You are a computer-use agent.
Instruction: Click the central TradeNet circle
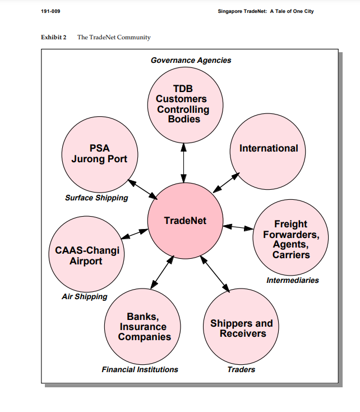click(184, 221)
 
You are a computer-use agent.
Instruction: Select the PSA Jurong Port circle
click(99, 154)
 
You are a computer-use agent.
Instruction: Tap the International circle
click(269, 149)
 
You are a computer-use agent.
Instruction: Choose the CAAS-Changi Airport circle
click(86, 255)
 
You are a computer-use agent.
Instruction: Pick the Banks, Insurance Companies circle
click(144, 327)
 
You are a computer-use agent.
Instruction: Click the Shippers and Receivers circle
click(241, 328)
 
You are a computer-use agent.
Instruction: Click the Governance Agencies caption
click(191, 60)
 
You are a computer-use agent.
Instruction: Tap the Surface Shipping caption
click(96, 198)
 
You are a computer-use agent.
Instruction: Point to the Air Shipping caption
click(84, 296)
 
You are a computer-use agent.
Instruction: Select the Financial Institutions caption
click(140, 369)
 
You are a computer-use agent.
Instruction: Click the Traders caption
click(241, 369)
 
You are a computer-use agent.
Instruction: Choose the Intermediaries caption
click(292, 280)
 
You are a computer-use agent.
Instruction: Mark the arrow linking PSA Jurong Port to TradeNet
click(143, 189)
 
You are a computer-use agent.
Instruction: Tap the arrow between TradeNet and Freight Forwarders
click(238, 227)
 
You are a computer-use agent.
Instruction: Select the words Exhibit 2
click(54, 37)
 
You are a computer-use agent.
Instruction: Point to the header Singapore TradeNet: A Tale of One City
click(265, 12)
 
